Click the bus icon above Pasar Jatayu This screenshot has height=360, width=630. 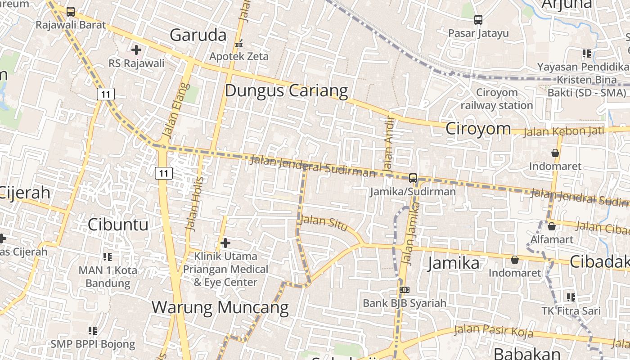pyautogui.click(x=478, y=20)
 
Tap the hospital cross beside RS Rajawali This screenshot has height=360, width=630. pyautogui.click(x=136, y=50)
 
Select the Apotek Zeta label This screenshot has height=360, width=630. pyautogui.click(x=239, y=56)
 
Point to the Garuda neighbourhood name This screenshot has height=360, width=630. pyautogui.click(x=198, y=35)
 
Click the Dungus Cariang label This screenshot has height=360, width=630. pyautogui.click(x=286, y=90)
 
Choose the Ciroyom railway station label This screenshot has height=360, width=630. pyautogui.click(x=497, y=99)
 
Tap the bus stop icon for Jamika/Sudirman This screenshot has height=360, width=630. pyautogui.click(x=413, y=178)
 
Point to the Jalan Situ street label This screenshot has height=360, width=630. pyautogui.click(x=324, y=222)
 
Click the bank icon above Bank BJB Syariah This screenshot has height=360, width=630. pyautogui.click(x=404, y=290)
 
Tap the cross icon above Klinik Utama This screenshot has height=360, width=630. pyautogui.click(x=225, y=243)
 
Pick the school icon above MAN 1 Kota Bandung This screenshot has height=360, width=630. pyautogui.click(x=108, y=257)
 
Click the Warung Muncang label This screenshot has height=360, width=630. pyautogui.click(x=220, y=307)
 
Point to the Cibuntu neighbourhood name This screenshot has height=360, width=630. pyautogui.click(x=118, y=224)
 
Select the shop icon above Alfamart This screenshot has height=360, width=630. pyautogui.click(x=551, y=226)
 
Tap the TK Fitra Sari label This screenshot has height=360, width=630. pyautogui.click(x=571, y=310)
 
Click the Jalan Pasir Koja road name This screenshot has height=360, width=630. pyautogui.click(x=494, y=331)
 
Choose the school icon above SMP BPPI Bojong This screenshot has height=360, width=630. pyautogui.click(x=93, y=331)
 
